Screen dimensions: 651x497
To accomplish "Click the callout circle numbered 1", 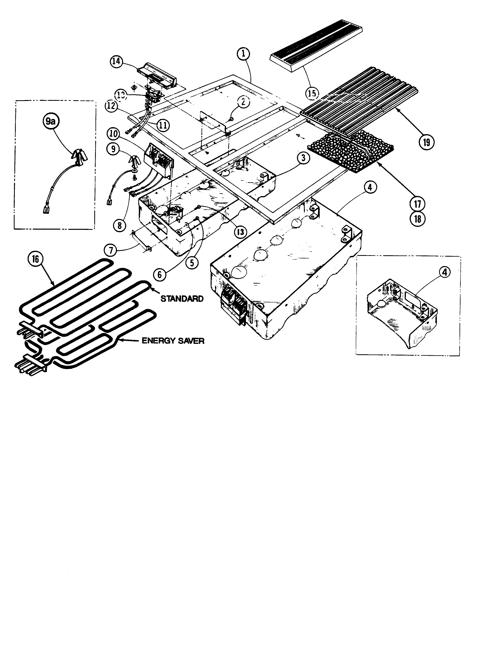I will (x=243, y=54).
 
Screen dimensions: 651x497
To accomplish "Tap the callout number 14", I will (x=117, y=62).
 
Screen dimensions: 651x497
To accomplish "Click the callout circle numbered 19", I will (x=426, y=143).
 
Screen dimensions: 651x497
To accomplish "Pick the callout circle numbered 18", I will (x=417, y=219).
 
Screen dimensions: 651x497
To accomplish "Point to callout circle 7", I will (x=111, y=251).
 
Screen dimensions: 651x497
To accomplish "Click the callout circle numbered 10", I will (x=114, y=134).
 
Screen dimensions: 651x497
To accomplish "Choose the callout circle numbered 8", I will (x=120, y=226).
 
